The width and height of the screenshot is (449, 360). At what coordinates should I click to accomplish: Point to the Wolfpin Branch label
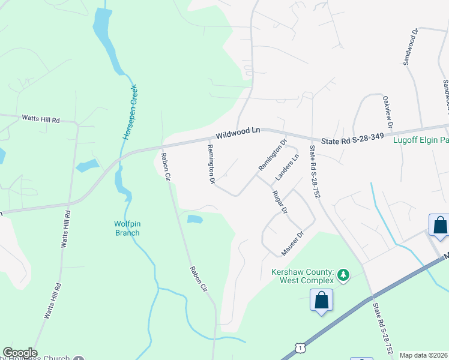coord(127,228)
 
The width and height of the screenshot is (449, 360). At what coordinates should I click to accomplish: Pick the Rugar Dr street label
coord(280,203)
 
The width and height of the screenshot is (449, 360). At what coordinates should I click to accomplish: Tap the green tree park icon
coord(343,275)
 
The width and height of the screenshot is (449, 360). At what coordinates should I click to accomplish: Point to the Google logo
coord(20,353)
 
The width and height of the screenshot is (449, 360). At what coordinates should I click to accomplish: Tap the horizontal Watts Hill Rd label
coord(41,119)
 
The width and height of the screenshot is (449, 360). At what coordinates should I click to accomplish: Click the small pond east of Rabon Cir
coord(194,219)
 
